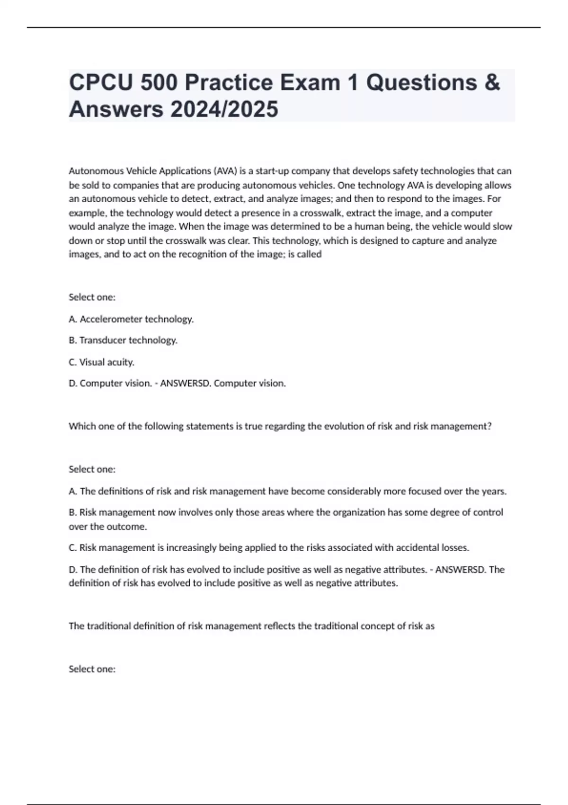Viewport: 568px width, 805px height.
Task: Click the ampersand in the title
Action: (493, 82)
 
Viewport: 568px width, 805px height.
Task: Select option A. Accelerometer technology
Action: (131, 319)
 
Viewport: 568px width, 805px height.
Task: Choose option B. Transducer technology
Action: (123, 340)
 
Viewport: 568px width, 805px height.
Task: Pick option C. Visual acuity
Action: (102, 362)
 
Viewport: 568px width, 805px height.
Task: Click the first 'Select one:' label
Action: (92, 297)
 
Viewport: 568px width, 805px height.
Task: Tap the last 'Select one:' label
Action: (92, 669)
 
